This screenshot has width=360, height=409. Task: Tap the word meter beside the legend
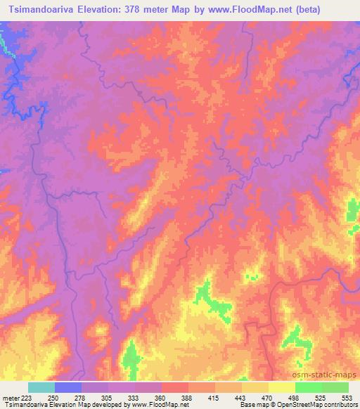pos(11,397)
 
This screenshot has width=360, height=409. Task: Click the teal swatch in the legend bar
pos(41,387)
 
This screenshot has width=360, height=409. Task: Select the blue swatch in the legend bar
pos(68,387)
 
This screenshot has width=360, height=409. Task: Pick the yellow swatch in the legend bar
pos(282,387)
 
